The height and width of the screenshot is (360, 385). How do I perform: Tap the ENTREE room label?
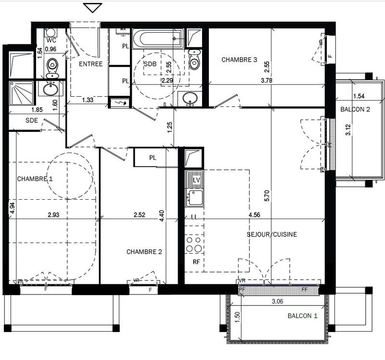pos(91,64)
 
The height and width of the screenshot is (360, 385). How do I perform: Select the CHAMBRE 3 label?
pos(239,60)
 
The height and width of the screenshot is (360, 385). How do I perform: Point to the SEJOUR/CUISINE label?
pos(272,235)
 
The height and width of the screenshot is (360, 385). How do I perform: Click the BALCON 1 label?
pos(303,316)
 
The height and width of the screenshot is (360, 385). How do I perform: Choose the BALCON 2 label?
pos(355,109)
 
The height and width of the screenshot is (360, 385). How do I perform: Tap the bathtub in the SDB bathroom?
pos(158,38)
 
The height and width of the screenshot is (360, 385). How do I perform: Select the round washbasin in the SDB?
pos(191,98)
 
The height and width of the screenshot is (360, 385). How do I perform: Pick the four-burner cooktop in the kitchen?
pos(194,244)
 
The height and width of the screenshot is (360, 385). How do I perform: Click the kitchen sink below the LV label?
pos(195,198)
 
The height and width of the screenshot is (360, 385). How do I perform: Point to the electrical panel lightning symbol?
pos(119,103)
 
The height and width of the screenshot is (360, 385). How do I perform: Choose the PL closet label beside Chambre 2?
pos(153,157)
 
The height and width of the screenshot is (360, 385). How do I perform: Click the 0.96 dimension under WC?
pos(51,49)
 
